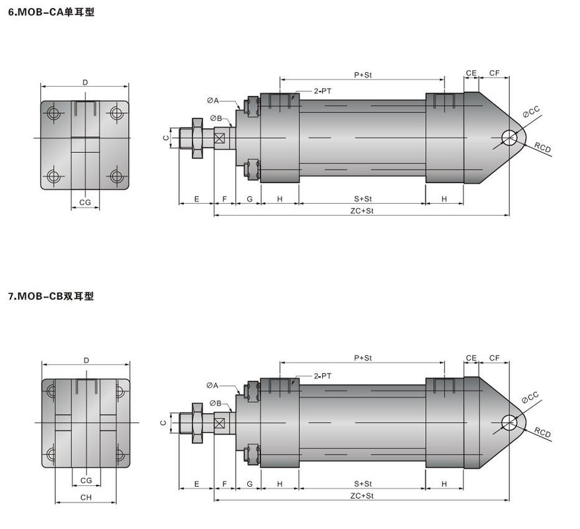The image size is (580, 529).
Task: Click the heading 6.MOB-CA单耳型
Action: coord(51,12)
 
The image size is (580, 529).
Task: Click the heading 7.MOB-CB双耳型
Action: coord(51,296)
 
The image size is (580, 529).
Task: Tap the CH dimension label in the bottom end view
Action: coord(86,497)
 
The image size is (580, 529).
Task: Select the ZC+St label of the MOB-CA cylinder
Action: coord(362,211)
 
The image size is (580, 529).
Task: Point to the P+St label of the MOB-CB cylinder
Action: coord(363,358)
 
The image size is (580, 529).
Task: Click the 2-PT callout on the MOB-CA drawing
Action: coord(323,91)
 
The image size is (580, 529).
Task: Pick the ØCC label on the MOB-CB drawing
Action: coord(530,397)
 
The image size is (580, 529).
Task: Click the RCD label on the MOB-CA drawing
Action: coord(543,147)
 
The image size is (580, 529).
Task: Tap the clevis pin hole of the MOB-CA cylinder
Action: coord(509,138)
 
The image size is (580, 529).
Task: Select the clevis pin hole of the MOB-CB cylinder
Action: coord(509,423)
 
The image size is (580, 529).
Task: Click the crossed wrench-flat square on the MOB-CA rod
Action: coord(220,138)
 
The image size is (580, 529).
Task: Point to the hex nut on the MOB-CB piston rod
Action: coord(197,423)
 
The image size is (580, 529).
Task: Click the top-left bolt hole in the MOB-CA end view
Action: coord(54,113)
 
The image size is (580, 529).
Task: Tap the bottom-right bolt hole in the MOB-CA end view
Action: coord(116,176)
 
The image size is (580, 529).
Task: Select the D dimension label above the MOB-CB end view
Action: coord(86,360)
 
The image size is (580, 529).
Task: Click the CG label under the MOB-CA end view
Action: coord(85,202)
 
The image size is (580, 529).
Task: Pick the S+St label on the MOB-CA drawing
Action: coord(363,198)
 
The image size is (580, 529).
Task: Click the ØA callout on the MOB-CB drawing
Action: coord(213,386)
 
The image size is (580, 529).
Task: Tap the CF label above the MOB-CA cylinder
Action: coord(494,73)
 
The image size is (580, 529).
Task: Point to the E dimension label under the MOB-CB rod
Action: coord(197,484)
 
